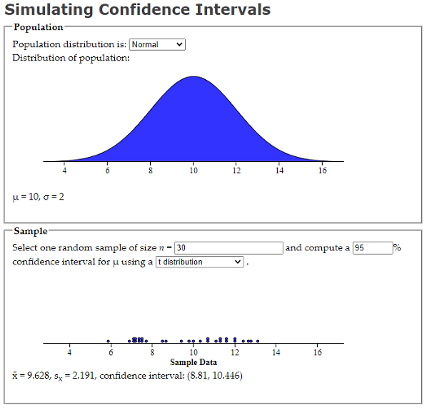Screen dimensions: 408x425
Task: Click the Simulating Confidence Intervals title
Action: click(137, 10)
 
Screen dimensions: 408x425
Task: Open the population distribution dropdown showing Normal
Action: click(157, 45)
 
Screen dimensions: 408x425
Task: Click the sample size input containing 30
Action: click(229, 248)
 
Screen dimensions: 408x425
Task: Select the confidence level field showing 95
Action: click(373, 248)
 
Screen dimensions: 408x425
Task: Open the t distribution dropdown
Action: click(199, 262)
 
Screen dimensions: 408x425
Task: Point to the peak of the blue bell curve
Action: click(193, 77)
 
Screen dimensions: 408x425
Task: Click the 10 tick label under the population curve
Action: click(193, 171)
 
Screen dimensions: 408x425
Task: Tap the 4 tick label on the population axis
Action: click(64, 171)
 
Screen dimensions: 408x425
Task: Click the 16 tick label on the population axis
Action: click(322, 171)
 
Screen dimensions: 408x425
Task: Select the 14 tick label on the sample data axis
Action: click(276, 352)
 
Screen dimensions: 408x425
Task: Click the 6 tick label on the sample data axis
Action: click(111, 352)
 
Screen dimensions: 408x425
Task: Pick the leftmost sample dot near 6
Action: click(108, 341)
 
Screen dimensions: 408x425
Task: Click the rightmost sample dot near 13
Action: click(257, 341)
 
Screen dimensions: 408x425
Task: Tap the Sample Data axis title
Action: click(193, 362)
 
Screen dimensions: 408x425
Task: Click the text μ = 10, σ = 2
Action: click(38, 197)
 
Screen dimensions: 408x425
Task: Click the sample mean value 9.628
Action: click(38, 376)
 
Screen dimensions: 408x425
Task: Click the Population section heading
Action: click(38, 27)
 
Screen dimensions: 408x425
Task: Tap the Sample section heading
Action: click(30, 231)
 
